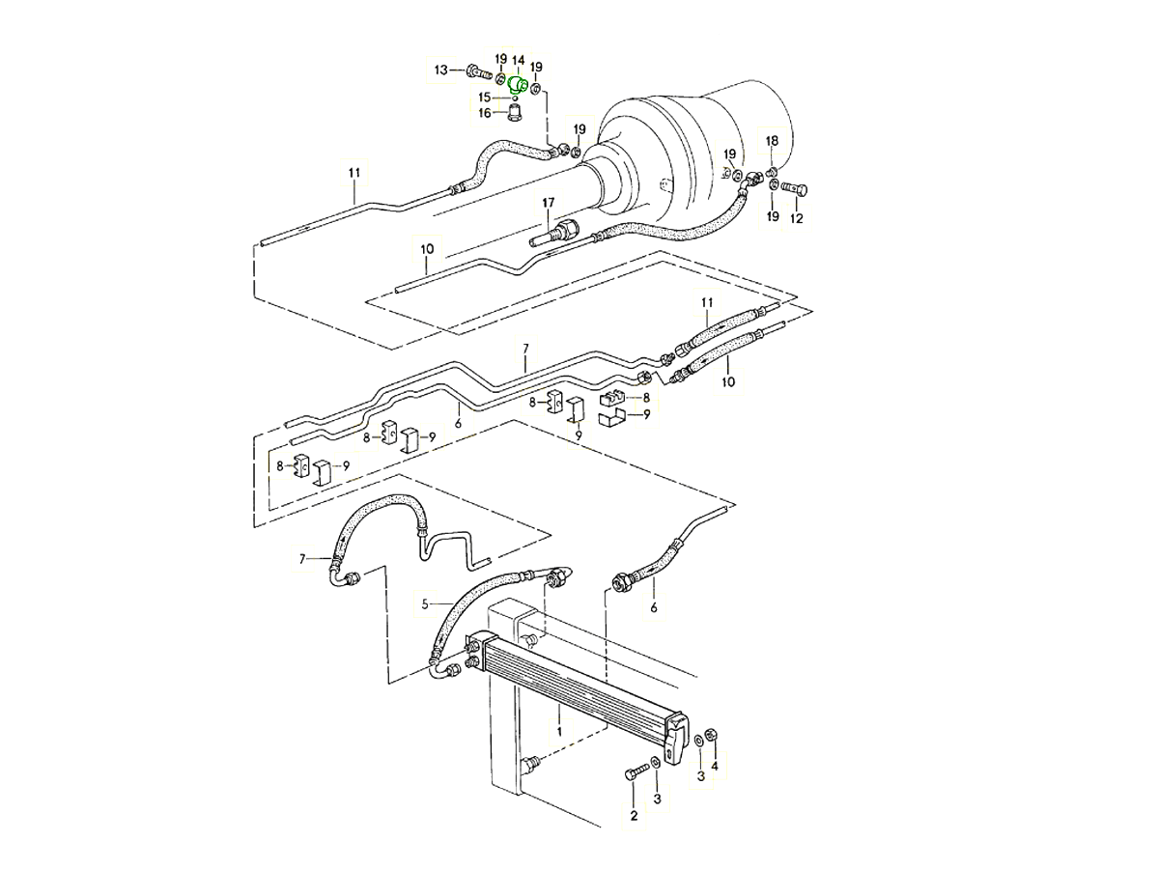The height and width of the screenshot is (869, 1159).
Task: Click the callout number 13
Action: (x=441, y=70)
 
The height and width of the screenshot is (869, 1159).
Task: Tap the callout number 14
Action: (x=519, y=61)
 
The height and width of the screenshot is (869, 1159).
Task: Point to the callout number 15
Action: (x=486, y=98)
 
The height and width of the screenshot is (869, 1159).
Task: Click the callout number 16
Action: (x=486, y=113)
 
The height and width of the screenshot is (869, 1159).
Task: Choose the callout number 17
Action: (x=548, y=203)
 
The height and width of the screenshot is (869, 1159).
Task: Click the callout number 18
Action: (x=772, y=142)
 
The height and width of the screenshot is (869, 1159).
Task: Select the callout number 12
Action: (x=797, y=219)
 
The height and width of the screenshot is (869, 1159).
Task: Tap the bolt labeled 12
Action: (x=795, y=187)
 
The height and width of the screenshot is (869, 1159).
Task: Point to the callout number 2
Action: (x=635, y=816)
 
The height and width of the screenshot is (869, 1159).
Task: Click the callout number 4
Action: (x=715, y=767)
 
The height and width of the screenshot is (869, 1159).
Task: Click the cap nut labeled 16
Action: (x=516, y=114)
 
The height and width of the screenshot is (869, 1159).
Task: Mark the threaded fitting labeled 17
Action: (x=557, y=232)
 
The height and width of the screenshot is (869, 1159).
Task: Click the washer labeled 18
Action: (x=773, y=172)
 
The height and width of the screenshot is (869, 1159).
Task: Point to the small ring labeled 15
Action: (x=516, y=98)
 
